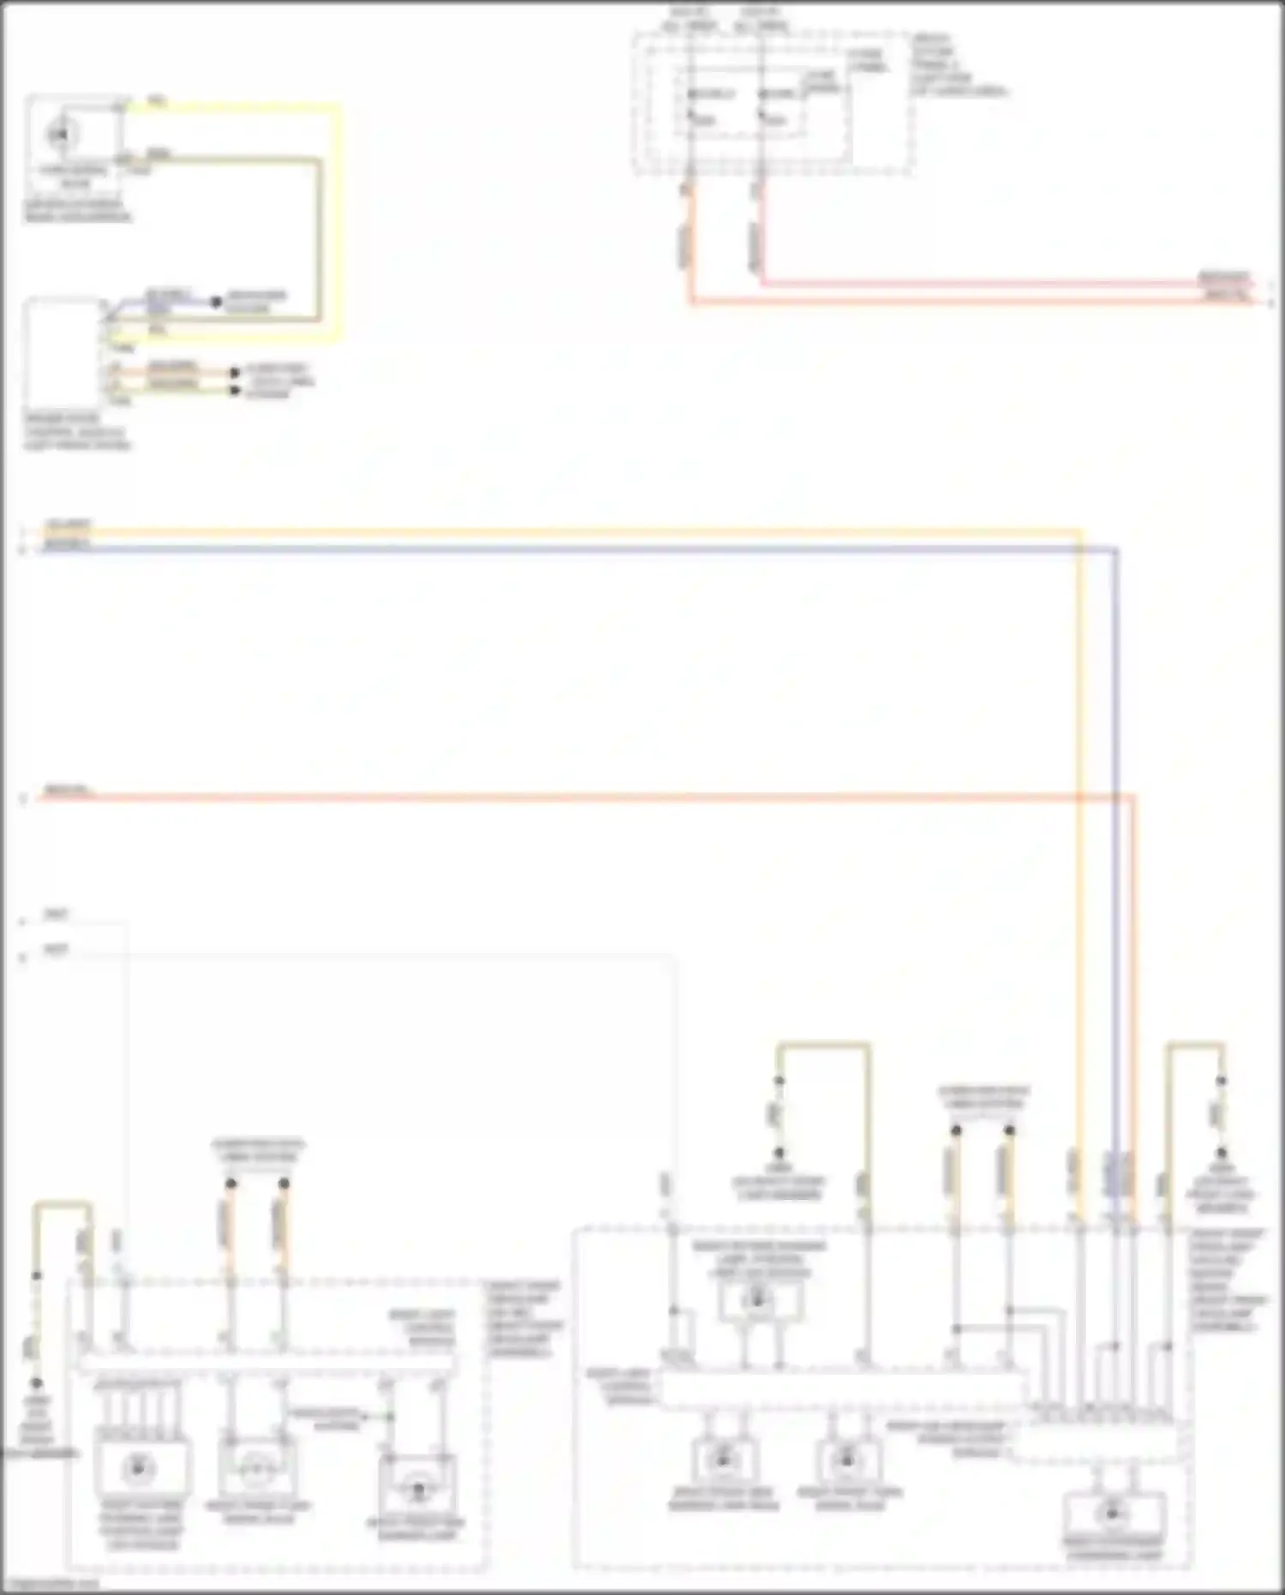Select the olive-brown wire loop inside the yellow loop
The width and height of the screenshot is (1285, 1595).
point(319,240)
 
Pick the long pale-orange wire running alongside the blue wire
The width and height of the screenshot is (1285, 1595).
point(557,533)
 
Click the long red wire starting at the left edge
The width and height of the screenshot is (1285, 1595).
point(557,797)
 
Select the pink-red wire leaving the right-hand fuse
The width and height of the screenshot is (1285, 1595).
point(985,283)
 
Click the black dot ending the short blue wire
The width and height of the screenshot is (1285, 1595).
point(217,302)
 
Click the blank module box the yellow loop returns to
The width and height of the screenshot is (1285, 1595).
point(62,351)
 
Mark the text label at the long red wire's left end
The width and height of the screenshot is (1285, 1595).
point(67,789)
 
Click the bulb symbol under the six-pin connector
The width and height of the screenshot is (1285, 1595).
point(137,1468)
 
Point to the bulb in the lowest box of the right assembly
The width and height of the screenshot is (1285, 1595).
point(1112,1514)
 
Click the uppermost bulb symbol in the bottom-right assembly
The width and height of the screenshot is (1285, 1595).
point(757,1300)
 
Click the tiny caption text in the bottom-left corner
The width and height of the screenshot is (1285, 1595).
point(51,1584)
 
